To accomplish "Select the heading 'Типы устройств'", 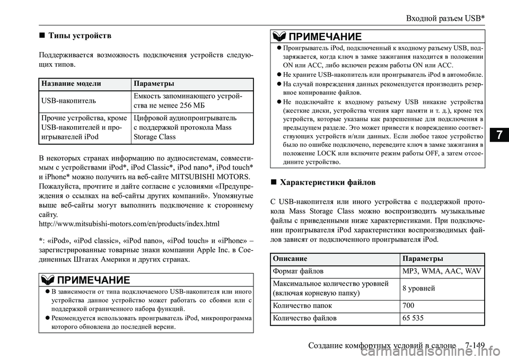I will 80,36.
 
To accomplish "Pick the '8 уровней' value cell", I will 419,288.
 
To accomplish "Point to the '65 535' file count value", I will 414,318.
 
